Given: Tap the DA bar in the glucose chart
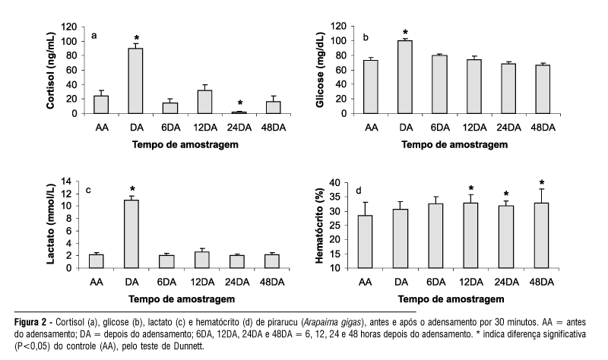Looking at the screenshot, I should coord(404,77).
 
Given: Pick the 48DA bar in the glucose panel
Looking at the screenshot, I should coord(541,89).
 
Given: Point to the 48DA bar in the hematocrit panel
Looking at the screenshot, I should coord(541,235).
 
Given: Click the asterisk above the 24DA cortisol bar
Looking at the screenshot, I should coord(240,104).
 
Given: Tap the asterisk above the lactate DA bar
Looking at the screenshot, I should coord(131,189).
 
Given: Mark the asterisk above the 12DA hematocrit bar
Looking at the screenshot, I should coord(472,188).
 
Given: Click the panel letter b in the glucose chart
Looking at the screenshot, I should coord(367,36).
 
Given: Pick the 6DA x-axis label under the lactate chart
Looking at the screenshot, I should coord(166,283).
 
